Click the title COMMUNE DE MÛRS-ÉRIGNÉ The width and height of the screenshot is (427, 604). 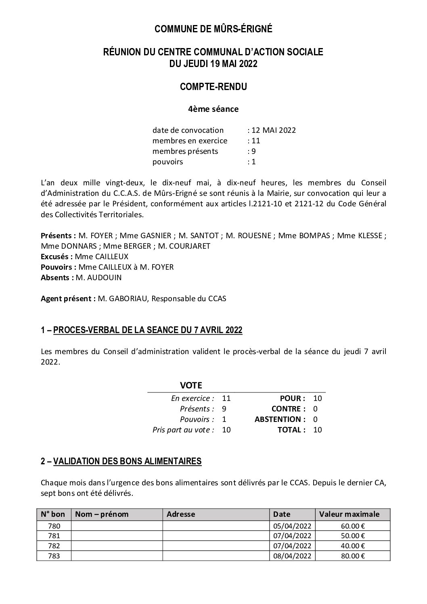pyautogui.click(x=213, y=29)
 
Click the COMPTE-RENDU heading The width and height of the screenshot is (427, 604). pyautogui.click(x=213, y=86)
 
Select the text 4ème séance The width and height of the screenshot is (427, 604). pyautogui.click(x=213, y=109)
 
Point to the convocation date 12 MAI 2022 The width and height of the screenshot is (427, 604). pyautogui.click(x=274, y=130)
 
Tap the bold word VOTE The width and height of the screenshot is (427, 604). pyautogui.click(x=191, y=385)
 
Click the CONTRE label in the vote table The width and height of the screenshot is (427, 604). pyautogui.click(x=288, y=409)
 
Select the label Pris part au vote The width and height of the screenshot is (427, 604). pyautogui.click(x=183, y=430)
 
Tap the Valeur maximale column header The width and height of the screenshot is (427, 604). pyautogui.click(x=349, y=514)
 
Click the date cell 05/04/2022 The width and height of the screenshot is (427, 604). pyautogui.click(x=292, y=526)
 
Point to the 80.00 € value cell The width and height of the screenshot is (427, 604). pyautogui.click(x=356, y=556)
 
